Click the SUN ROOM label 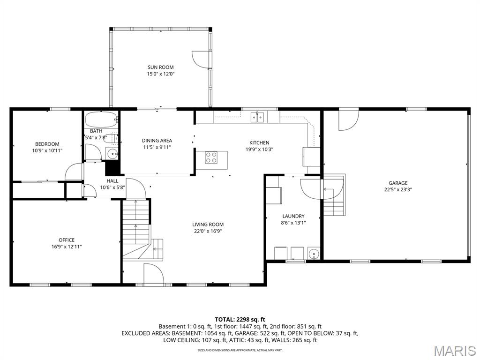tap(160, 67)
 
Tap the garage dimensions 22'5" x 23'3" tap(397, 190)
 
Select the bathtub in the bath tap(101, 120)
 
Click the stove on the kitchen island tap(211, 157)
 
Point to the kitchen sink tap(257, 117)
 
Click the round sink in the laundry tap(314, 254)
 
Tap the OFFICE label tap(67, 240)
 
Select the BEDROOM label tap(47, 144)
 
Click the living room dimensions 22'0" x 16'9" tap(208, 231)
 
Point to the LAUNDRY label tap(293, 216)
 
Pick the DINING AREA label tap(157, 141)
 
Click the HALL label tap(112, 181)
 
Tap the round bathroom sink tap(112, 154)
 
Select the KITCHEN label tap(259, 142)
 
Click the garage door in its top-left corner tap(348, 120)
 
